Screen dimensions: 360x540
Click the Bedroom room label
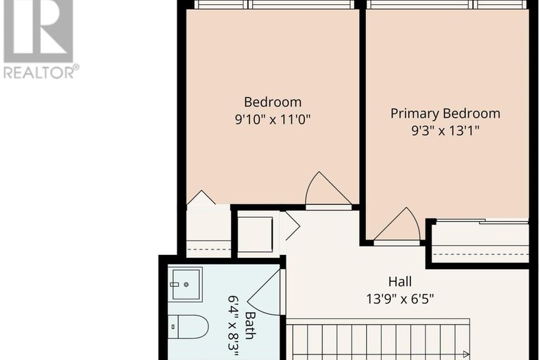(272, 102)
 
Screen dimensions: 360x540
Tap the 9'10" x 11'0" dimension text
(272, 119)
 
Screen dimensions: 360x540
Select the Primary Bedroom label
(445, 113)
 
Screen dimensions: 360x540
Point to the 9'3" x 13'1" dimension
(445, 130)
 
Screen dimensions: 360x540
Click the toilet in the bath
(191, 326)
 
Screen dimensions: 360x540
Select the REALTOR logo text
(41, 71)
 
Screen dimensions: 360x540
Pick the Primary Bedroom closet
(479, 242)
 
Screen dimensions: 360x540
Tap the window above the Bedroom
(274, 5)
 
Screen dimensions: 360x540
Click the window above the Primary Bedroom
(446, 5)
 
